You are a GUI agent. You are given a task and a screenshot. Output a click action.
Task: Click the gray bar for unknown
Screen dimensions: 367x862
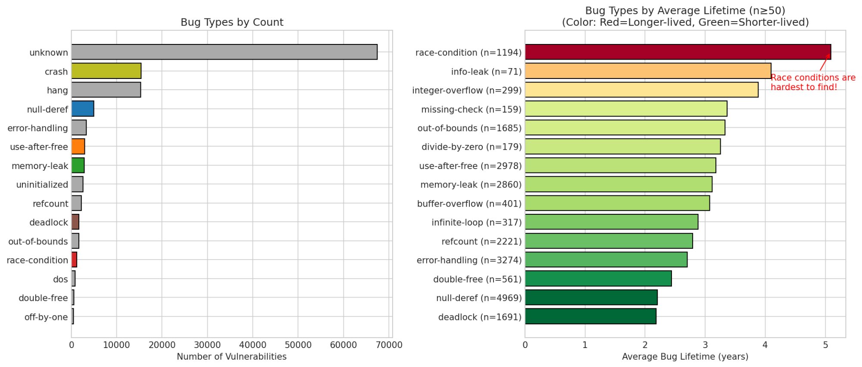224,52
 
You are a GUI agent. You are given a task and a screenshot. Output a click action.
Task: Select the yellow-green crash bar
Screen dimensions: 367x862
106,71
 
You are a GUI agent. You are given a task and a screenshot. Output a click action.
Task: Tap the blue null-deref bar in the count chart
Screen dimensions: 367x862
83,109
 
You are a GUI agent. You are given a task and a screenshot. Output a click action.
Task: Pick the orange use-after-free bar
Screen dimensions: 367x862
78,147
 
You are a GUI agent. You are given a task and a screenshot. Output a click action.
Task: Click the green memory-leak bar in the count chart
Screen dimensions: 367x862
78,166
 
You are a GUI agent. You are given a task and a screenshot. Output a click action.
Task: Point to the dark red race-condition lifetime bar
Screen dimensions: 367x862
678,52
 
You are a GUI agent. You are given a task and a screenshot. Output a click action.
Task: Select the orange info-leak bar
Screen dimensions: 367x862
648,71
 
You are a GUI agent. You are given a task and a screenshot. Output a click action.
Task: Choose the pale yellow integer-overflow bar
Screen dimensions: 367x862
641,90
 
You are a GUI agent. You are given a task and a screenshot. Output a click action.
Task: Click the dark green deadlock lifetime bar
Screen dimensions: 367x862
590,317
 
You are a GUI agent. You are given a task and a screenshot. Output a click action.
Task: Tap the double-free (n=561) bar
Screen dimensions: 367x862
598,279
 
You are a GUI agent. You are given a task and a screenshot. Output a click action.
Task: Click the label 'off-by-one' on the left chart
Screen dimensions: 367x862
46,317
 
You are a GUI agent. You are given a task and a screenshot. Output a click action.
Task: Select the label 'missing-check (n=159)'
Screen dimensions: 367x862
471,110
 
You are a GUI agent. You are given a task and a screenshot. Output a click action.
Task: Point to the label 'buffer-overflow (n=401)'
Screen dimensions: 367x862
469,204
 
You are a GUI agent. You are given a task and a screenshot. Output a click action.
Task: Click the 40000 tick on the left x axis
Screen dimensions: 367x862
253,345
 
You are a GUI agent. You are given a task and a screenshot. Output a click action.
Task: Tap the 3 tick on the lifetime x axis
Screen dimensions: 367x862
705,345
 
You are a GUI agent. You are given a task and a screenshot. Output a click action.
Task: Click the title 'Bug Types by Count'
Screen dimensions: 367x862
232,22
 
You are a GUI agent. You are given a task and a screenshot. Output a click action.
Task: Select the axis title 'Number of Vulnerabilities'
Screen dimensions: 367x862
231,357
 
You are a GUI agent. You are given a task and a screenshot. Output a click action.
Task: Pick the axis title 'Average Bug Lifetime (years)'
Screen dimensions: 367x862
685,357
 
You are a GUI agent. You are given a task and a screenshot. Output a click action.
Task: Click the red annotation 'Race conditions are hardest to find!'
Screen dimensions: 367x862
813,82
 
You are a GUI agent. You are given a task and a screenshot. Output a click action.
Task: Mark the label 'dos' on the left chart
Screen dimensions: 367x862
60,279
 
